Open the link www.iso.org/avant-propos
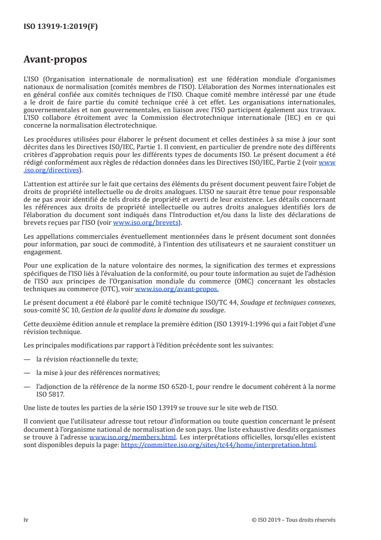(177, 289)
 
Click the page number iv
(26, 520)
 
